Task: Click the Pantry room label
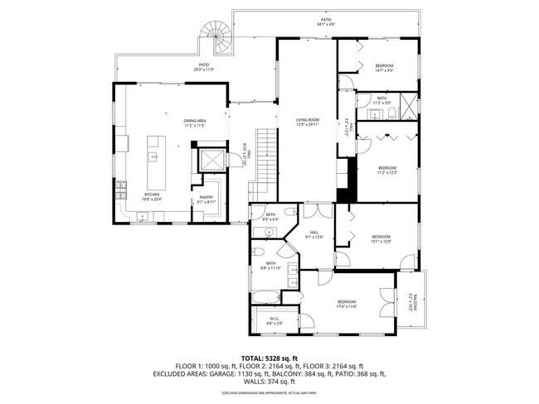point(206,199)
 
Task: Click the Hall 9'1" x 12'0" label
point(314,234)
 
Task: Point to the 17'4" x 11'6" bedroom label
point(346,303)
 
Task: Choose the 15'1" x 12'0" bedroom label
point(381,239)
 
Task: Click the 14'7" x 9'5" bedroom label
point(383,68)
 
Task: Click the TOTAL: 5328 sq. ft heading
point(269,358)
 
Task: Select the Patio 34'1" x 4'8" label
point(326,22)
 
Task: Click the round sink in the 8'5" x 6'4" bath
point(289,213)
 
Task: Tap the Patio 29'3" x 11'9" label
point(203,67)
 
